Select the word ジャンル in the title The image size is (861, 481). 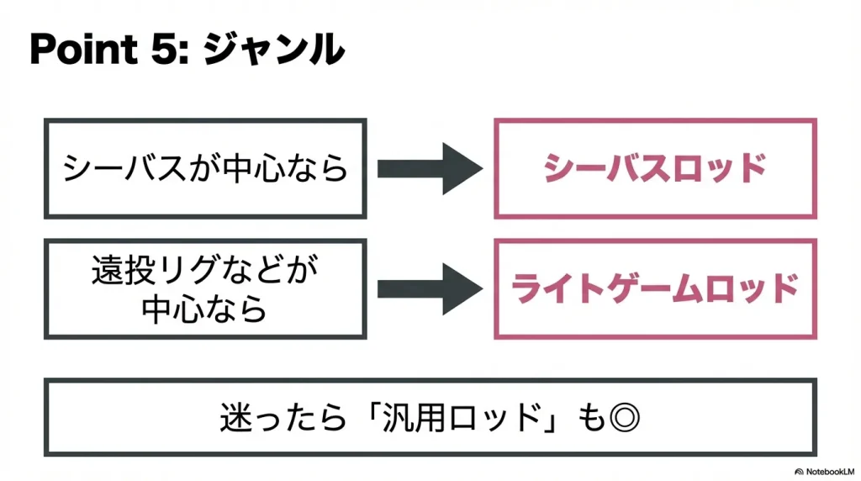coord(274,51)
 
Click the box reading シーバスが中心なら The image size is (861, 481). coord(205,169)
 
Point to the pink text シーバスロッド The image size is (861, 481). coord(655,169)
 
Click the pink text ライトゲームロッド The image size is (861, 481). coord(655,289)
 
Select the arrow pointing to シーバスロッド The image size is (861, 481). coord(429,169)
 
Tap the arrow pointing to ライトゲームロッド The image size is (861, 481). coord(429,289)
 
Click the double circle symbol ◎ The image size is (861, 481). coord(623,418)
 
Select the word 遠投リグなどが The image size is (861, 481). coord(205,273)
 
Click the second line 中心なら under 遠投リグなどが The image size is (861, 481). coord(205,309)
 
